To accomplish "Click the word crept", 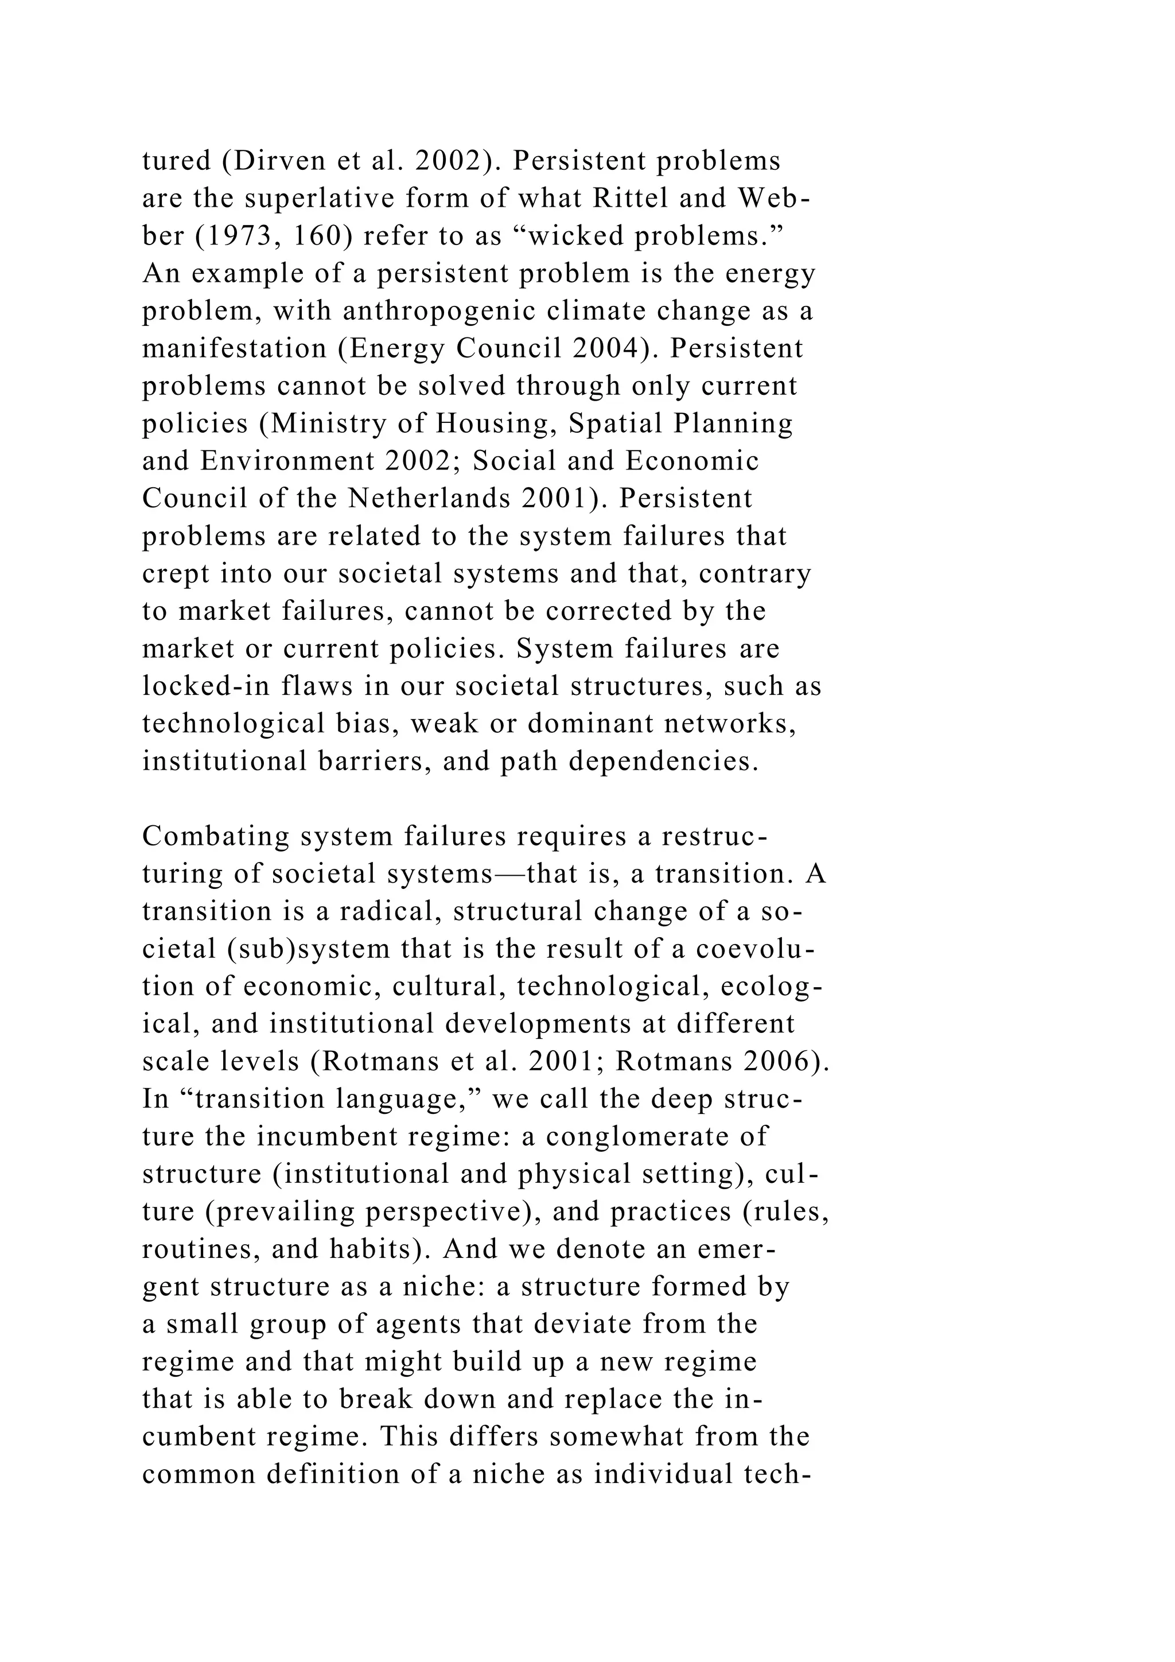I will tap(176, 574).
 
